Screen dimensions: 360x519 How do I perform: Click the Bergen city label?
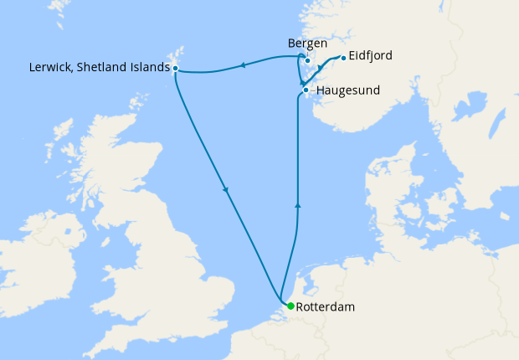coord(306,44)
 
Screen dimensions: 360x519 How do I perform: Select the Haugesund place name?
coord(347,90)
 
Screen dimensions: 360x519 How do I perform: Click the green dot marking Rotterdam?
coord(290,306)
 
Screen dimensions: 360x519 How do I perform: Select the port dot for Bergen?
coord(308,60)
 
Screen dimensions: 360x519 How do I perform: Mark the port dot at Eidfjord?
coord(343,58)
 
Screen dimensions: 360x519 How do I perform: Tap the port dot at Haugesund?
coord(306,90)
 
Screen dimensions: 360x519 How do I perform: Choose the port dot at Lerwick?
coord(175,68)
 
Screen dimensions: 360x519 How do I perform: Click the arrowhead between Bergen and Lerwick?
coord(242,64)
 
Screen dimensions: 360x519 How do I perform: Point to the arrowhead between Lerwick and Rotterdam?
coord(226,191)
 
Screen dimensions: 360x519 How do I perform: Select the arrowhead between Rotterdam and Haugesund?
coord(298,203)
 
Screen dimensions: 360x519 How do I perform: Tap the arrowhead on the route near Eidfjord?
coord(321,67)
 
